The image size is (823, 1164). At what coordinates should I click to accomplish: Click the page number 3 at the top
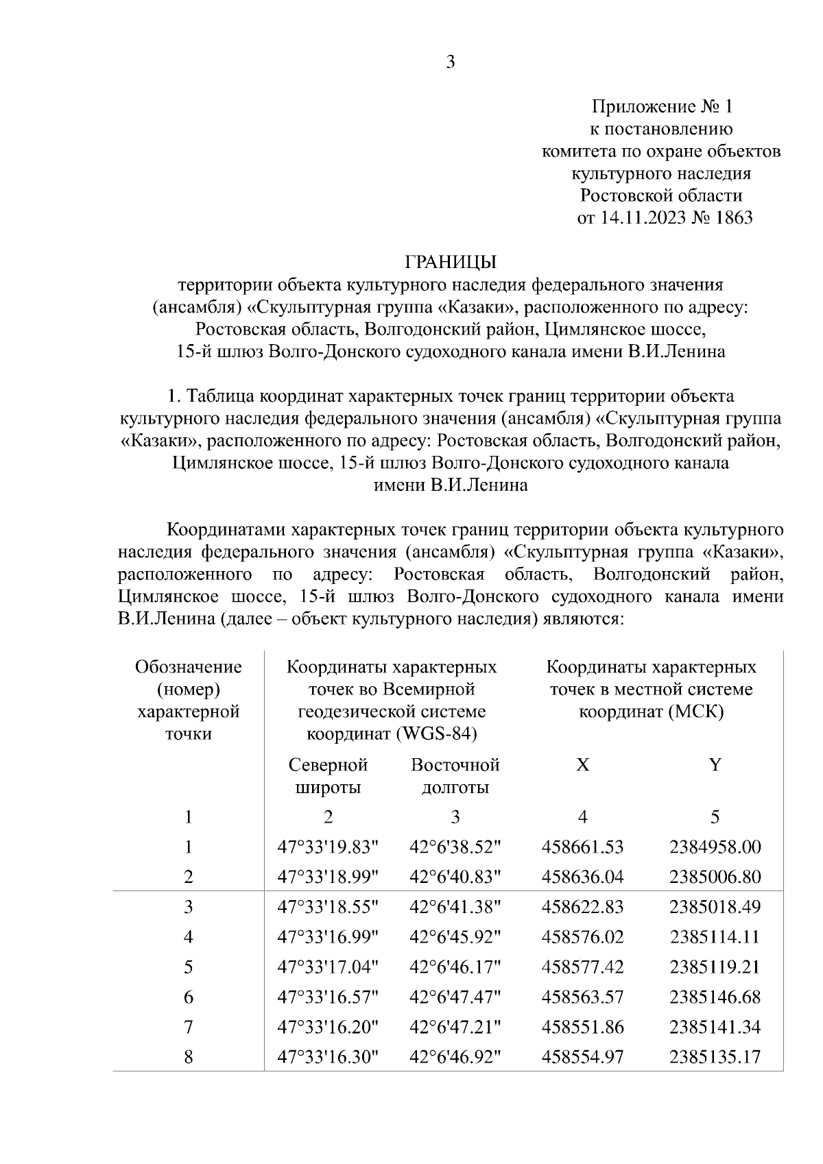(x=450, y=62)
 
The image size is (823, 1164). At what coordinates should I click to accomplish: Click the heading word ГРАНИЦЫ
(x=450, y=262)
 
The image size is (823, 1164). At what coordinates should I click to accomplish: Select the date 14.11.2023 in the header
(x=650, y=218)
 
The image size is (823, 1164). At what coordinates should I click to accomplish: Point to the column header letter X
(x=582, y=765)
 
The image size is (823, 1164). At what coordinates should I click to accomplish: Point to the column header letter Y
(x=715, y=765)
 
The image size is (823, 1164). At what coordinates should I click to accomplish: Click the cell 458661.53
(x=582, y=847)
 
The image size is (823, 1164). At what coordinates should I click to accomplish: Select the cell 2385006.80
(x=715, y=877)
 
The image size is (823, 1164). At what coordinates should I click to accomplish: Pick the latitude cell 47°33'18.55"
(x=328, y=907)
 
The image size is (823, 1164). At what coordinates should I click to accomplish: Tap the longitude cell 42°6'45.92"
(x=455, y=937)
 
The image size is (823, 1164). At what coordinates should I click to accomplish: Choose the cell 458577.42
(x=582, y=967)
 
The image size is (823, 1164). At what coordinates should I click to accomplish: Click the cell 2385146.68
(x=715, y=997)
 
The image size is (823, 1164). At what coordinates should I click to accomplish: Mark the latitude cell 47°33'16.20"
(x=328, y=1028)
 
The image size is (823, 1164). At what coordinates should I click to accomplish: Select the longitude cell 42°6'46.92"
(x=455, y=1058)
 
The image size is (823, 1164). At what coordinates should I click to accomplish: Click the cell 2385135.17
(x=715, y=1058)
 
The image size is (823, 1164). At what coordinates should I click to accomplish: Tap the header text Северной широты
(x=328, y=776)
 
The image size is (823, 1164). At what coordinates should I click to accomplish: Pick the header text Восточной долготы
(x=455, y=776)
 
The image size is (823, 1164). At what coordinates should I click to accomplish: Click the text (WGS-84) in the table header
(x=437, y=734)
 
